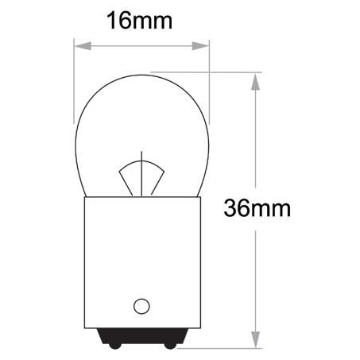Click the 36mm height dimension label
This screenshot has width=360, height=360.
pos(256,208)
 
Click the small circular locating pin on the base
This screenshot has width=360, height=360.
pos(141,305)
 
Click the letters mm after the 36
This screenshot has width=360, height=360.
pos(273,208)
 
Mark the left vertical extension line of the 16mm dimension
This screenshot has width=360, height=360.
pos(74,79)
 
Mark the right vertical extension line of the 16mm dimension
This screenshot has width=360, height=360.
pos(210,79)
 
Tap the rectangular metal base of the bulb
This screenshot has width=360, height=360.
pos(141,254)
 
